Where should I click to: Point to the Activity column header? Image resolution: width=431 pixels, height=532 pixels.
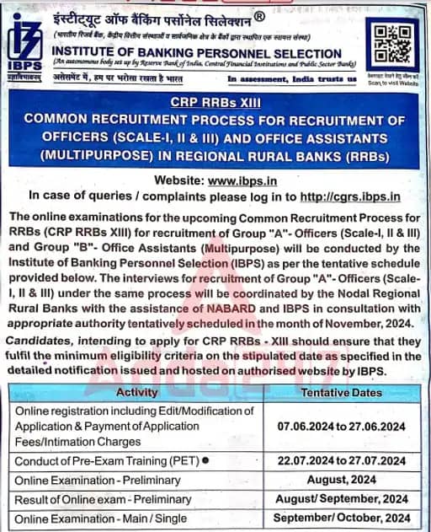(x=137, y=392)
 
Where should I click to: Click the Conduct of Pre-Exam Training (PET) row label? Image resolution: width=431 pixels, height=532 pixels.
(x=100, y=461)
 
